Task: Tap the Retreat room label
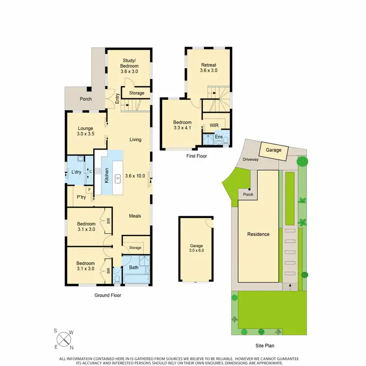[208, 67]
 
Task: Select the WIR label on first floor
[214, 125]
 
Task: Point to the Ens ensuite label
[218, 137]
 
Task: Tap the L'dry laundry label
[76, 172]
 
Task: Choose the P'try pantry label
[81, 197]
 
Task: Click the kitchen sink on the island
[118, 179]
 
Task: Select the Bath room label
[134, 267]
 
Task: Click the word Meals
[135, 216]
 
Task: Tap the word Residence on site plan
[258, 234]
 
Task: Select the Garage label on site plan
[273, 150]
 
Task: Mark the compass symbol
[63, 338]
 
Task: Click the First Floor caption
[197, 156]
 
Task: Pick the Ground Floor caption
[107, 295]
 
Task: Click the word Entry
[117, 99]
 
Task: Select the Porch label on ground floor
[85, 99]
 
